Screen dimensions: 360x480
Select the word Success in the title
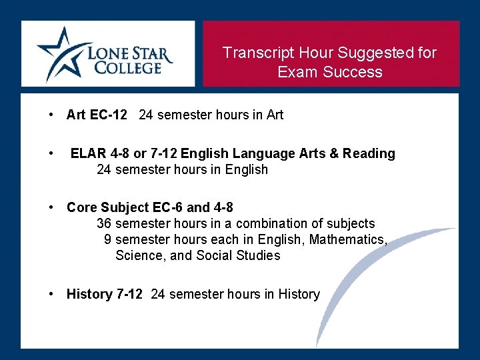357,72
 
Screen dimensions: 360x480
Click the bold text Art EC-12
97,115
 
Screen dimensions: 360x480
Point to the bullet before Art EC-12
51,115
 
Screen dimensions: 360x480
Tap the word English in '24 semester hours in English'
246,170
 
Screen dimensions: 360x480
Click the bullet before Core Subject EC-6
51,207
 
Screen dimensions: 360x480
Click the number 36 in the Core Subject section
104,223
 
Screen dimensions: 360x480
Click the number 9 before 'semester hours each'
107,239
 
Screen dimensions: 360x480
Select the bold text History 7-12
104,295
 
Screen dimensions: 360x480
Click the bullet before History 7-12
51,294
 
